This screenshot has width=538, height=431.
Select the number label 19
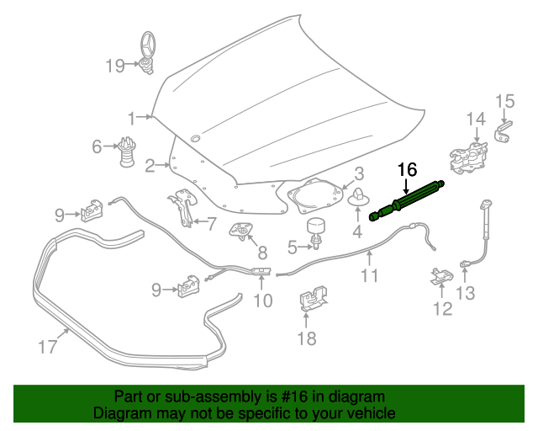(x=114, y=65)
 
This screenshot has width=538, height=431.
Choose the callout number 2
(x=150, y=166)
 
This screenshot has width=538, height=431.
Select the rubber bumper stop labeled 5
(x=317, y=231)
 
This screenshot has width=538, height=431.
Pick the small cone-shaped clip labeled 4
(x=356, y=199)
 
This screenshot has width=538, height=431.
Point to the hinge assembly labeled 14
(x=469, y=154)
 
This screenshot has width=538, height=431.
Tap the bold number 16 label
(x=406, y=169)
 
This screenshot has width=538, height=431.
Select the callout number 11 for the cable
(x=370, y=275)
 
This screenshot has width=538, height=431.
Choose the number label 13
(x=465, y=293)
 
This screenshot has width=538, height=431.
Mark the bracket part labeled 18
(x=312, y=301)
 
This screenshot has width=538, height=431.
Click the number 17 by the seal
(x=47, y=345)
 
